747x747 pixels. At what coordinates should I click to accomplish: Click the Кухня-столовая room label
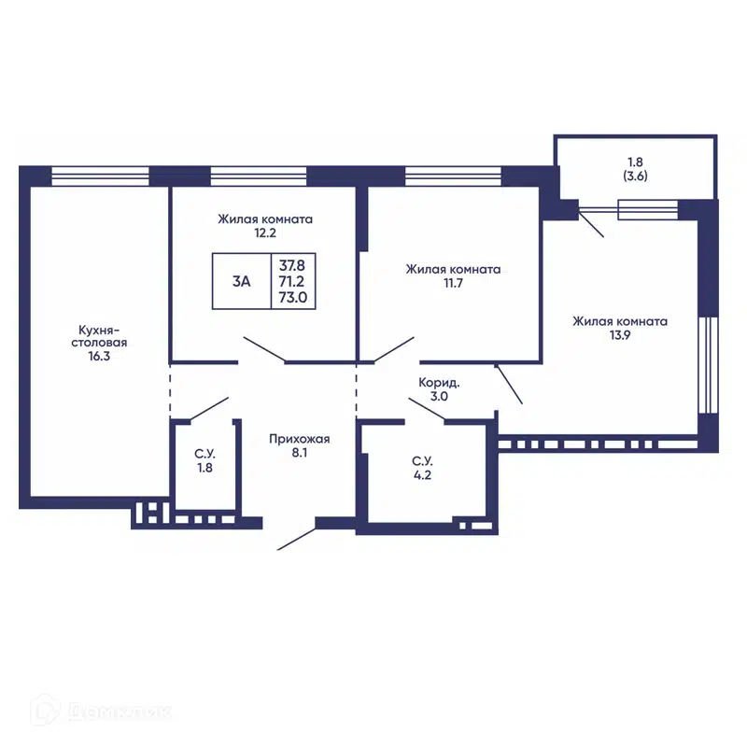tap(99, 336)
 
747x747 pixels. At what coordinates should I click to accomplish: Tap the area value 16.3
tap(99, 356)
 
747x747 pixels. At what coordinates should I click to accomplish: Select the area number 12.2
tap(265, 233)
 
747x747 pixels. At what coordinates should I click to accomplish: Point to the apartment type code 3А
tap(242, 282)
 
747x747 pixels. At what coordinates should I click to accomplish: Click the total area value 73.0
tap(293, 297)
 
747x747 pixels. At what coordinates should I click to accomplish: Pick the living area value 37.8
tap(292, 265)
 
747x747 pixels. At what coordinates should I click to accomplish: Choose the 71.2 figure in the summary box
tap(291, 281)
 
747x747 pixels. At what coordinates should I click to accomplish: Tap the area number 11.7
tap(453, 283)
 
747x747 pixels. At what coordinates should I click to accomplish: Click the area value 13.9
tap(620, 335)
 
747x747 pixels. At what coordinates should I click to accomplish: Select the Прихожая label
tap(299, 439)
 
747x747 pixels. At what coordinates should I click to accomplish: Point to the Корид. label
tap(439, 383)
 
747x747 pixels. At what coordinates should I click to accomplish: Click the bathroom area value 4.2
tap(423, 475)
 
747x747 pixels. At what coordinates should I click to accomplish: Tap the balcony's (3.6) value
tap(636, 176)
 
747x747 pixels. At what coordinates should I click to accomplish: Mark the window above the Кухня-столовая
tap(100, 176)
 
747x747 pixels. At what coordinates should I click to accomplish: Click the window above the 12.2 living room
tap(259, 176)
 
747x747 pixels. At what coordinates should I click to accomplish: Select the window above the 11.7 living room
tap(453, 176)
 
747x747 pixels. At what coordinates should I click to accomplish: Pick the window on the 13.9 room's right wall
tap(708, 364)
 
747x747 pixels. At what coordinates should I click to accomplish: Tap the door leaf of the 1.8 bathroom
tap(209, 409)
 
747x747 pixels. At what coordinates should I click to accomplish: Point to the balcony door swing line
tap(591, 224)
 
